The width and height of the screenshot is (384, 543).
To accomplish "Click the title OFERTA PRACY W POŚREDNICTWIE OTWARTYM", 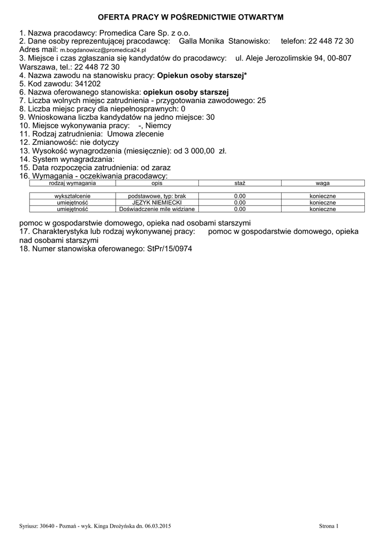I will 191,17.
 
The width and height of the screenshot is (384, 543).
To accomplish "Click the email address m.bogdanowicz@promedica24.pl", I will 103,49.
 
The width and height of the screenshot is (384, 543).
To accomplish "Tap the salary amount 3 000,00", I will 200,151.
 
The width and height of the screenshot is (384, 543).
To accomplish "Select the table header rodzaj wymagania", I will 72,183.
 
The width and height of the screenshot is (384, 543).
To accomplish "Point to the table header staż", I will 240,183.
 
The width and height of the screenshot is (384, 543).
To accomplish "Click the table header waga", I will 322,183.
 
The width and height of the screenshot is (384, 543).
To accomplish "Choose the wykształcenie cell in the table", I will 72,196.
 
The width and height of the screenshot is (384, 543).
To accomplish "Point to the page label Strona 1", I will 328,526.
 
